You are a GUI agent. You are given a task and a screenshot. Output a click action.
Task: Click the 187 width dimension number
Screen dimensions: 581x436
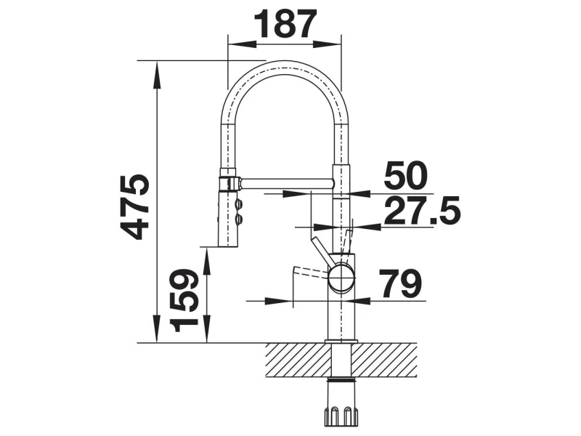pyautogui.click(x=287, y=24)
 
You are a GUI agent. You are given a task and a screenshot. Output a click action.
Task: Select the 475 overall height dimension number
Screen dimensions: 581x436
pyautogui.click(x=135, y=206)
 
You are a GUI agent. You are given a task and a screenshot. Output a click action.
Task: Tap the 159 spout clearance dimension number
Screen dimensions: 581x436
pyautogui.click(x=184, y=301)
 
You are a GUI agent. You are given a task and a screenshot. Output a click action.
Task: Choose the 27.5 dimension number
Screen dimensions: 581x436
pyautogui.click(x=422, y=211)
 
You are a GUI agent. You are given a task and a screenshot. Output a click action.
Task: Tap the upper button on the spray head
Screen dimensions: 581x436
pyautogui.click(x=239, y=204)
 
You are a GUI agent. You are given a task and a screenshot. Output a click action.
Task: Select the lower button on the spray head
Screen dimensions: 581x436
pyautogui.click(x=239, y=219)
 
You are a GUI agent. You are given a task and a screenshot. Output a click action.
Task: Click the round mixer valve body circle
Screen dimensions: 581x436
pyautogui.click(x=341, y=277)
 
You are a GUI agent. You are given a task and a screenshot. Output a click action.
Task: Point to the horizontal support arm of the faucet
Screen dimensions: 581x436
pyautogui.click(x=286, y=183)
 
